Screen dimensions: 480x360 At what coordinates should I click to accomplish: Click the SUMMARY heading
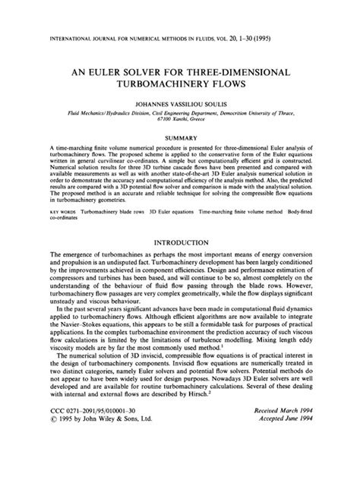pos(180,137)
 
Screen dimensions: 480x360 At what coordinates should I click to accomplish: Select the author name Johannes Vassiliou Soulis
pos(180,99)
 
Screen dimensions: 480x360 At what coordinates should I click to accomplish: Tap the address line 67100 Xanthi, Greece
pos(180,120)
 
